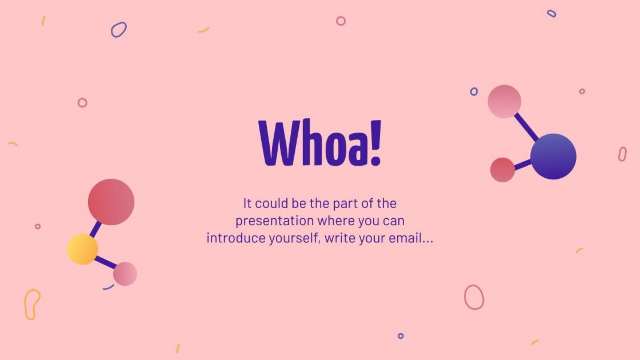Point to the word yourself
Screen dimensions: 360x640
pos(294,238)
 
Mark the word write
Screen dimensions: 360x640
pos(341,238)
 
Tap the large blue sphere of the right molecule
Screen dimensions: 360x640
pos(553,157)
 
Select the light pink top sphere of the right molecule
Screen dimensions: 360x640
pos(505,102)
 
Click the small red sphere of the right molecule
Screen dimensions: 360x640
pos(502,170)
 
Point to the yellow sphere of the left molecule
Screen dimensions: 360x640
pos(82,249)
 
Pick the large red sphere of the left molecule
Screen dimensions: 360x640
pos(111,202)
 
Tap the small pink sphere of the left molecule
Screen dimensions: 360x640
pos(125,274)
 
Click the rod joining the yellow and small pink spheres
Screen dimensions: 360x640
pos(105,263)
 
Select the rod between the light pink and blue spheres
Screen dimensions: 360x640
pos(527,127)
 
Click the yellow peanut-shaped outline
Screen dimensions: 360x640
pos(32,304)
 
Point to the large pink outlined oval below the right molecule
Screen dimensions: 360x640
pos(474,297)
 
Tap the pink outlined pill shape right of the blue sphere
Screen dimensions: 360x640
pos(622,154)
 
